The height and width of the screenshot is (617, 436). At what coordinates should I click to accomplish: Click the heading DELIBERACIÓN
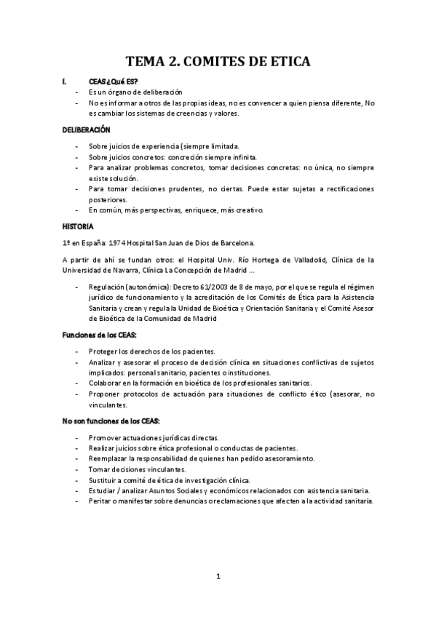coord(86,130)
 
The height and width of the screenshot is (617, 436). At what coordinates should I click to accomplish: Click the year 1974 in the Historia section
coord(116,243)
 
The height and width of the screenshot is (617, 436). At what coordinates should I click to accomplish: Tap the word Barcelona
coord(234,243)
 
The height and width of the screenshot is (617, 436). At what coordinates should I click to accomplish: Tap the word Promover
coord(105,437)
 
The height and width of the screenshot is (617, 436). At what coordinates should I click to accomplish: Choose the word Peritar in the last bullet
coord(100,502)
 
